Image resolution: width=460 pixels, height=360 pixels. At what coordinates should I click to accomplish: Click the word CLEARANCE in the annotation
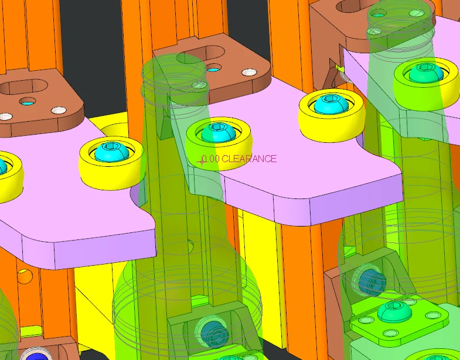tap(249, 159)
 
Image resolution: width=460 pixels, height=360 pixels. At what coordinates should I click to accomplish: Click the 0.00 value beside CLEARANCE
tap(210, 159)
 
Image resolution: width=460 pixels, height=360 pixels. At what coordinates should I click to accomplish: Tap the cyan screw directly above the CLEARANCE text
tap(218, 132)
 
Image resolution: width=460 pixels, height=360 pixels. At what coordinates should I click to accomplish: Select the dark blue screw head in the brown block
tap(37, 355)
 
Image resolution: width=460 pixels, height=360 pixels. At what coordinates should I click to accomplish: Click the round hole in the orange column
tap(25, 276)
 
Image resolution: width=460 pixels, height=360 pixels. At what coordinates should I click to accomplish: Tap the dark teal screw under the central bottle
tap(214, 333)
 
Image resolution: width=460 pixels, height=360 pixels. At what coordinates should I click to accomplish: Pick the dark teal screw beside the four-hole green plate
tap(372, 282)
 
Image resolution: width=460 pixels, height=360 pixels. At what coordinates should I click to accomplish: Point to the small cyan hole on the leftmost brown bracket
tap(28, 102)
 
